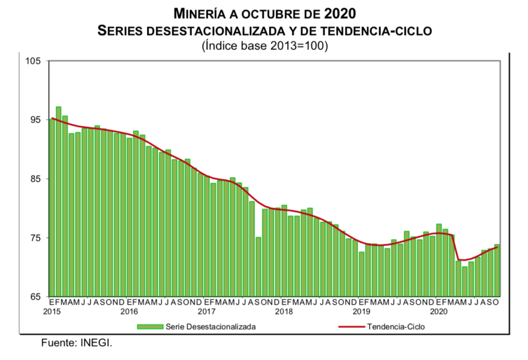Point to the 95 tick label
pos(36,120)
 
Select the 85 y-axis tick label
pos(36,179)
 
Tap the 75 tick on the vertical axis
pos(36,238)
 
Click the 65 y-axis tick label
pos(36,297)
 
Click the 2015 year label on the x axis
pos(52,312)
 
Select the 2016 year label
pos(129,312)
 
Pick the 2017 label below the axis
pos(206,312)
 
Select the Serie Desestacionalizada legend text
pos(210,326)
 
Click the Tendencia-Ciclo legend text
pos(396,326)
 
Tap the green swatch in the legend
pos(150,326)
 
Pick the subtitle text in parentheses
pos(265,45)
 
